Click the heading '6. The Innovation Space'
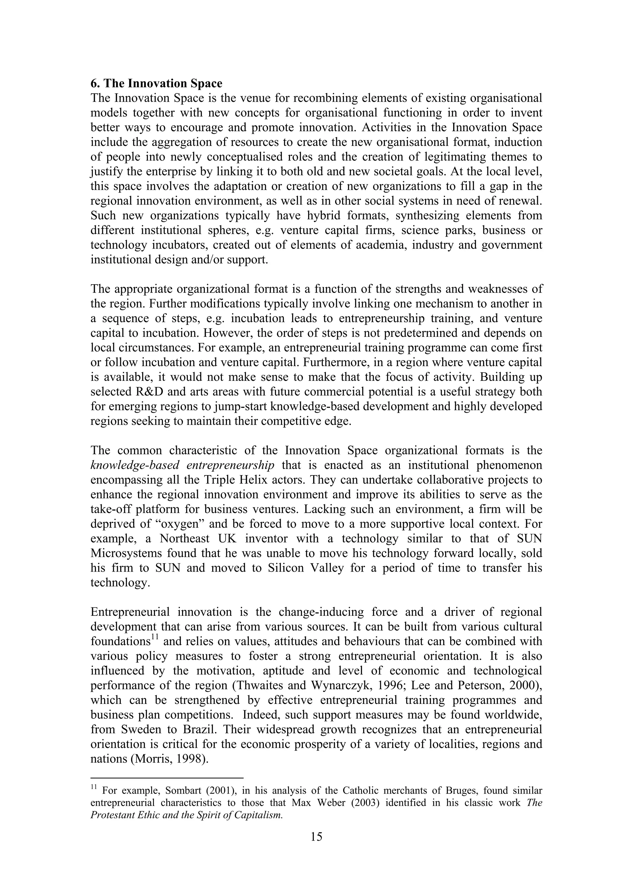[x=156, y=84]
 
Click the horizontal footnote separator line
[x=167, y=777]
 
